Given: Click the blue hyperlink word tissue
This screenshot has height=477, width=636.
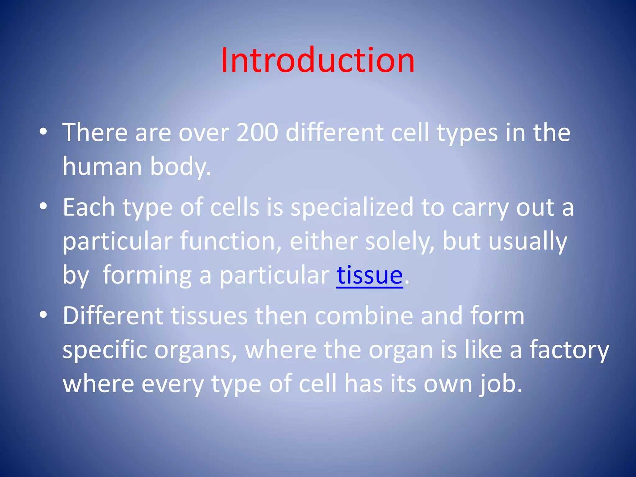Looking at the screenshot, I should pyautogui.click(x=370, y=275).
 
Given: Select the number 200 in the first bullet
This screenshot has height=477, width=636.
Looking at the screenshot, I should pyautogui.click(x=257, y=133).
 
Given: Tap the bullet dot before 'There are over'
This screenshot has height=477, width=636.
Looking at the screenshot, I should pyautogui.click(x=43, y=132).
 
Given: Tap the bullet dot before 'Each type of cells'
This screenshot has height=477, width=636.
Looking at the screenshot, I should pyautogui.click(x=43, y=206).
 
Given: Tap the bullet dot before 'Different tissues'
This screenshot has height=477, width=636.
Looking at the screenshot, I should pyautogui.click(x=43, y=315).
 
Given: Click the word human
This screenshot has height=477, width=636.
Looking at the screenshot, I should pyautogui.click(x=102, y=166).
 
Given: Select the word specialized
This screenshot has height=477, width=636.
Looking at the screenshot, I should pyautogui.click(x=352, y=207).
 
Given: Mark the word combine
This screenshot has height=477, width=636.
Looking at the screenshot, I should pyautogui.click(x=364, y=316).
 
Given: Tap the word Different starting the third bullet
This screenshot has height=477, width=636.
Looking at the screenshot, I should pyautogui.click(x=113, y=316).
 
